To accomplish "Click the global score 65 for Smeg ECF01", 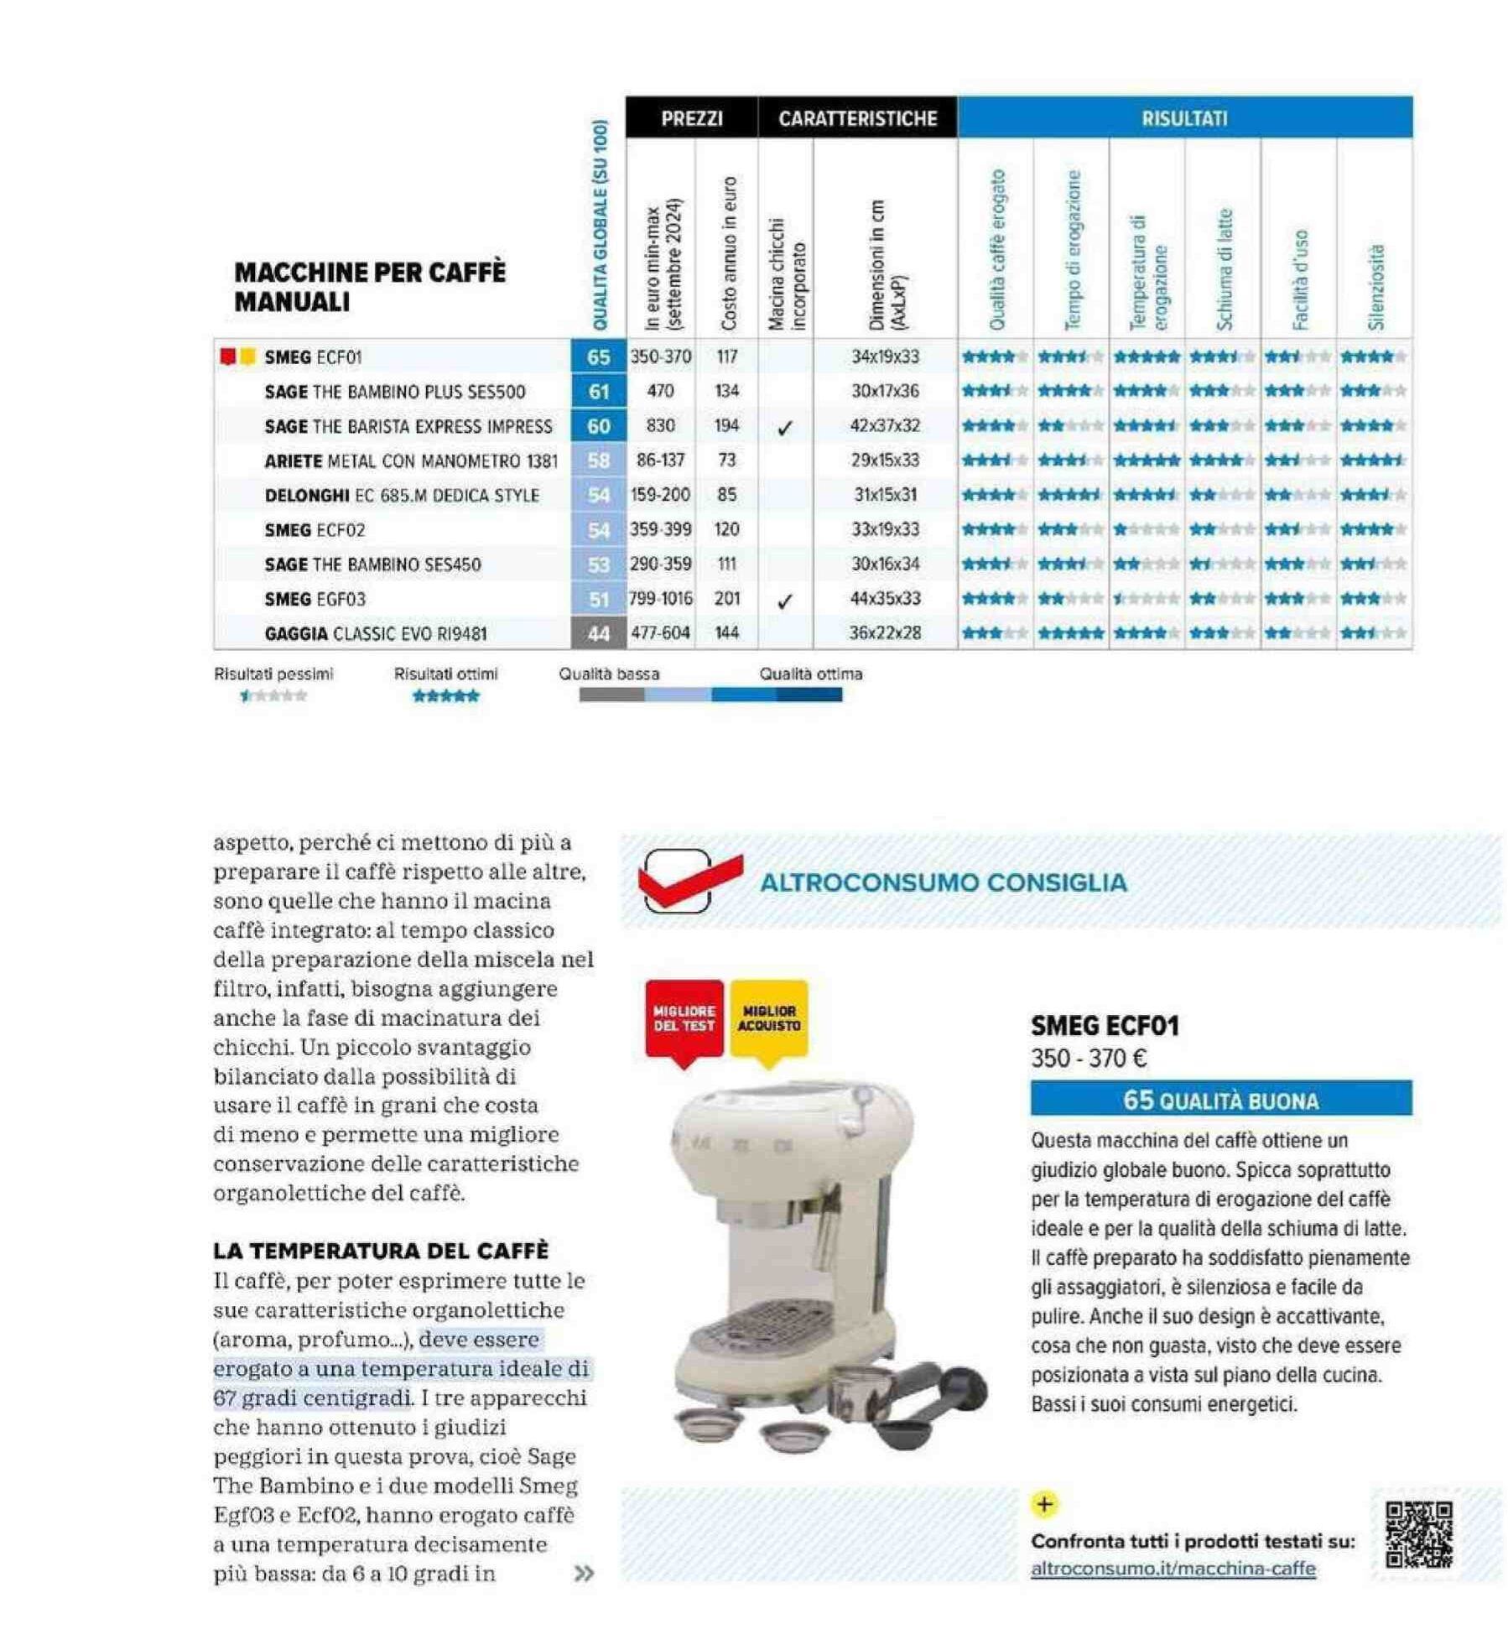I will (598, 357).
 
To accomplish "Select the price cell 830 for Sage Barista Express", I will (660, 426).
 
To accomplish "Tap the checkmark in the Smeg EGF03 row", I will (784, 601).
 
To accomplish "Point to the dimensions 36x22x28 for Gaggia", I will (885, 633).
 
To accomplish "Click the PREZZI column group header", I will (691, 118).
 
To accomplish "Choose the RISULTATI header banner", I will (1184, 118).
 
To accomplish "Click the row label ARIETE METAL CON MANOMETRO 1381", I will (411, 461).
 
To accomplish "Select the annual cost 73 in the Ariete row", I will (726, 461).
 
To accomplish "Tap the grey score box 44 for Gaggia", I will (598, 634).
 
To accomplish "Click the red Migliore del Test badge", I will (684, 1019).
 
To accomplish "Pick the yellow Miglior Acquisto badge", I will (769, 1019).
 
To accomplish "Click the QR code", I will (1418, 1535).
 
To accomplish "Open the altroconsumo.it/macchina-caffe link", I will (1173, 1569).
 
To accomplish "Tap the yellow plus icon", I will (1044, 1504).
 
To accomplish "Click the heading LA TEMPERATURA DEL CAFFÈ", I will (381, 1251).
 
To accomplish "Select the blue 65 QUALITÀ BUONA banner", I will (1220, 1100).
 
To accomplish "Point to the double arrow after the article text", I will (583, 1574).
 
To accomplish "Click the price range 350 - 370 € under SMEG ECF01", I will (1089, 1059).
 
